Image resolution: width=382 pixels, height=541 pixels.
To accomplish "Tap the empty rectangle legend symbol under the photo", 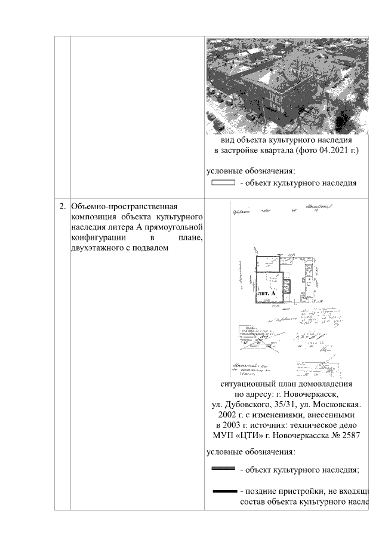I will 223,183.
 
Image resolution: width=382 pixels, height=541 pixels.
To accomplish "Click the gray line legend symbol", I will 223,470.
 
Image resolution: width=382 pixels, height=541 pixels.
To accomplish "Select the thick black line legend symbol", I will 223,491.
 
